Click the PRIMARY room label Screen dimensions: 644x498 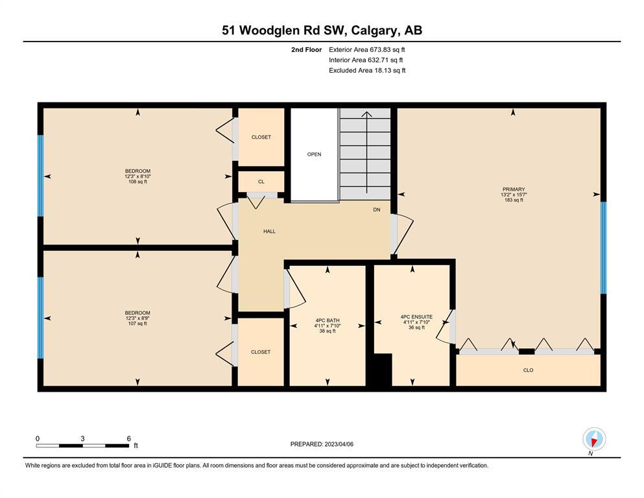pos(514,189)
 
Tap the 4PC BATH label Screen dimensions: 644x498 pos(328,320)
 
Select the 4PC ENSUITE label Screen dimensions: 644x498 pos(416,317)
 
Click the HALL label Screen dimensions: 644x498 pos(269,231)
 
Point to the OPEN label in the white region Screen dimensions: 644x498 pos(314,154)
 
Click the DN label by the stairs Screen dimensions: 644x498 pos(377,210)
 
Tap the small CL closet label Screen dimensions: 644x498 pos(261,182)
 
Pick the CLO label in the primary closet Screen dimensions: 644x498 pos(528,370)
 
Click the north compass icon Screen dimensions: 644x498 pos(594,439)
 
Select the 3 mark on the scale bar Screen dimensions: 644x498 pos(82,438)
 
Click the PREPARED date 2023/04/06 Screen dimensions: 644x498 pos(339,444)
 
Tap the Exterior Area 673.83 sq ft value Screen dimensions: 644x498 pos(367,50)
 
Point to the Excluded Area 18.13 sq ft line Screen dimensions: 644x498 pos(367,70)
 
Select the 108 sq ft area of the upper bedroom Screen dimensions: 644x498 pos(137,182)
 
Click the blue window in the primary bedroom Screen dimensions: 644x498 pos(603,248)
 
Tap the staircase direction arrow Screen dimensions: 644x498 pos(367,152)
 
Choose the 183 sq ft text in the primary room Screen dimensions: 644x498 pos(514,200)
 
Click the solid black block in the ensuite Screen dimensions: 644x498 pos(383,370)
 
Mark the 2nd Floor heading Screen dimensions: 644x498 pos(306,50)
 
